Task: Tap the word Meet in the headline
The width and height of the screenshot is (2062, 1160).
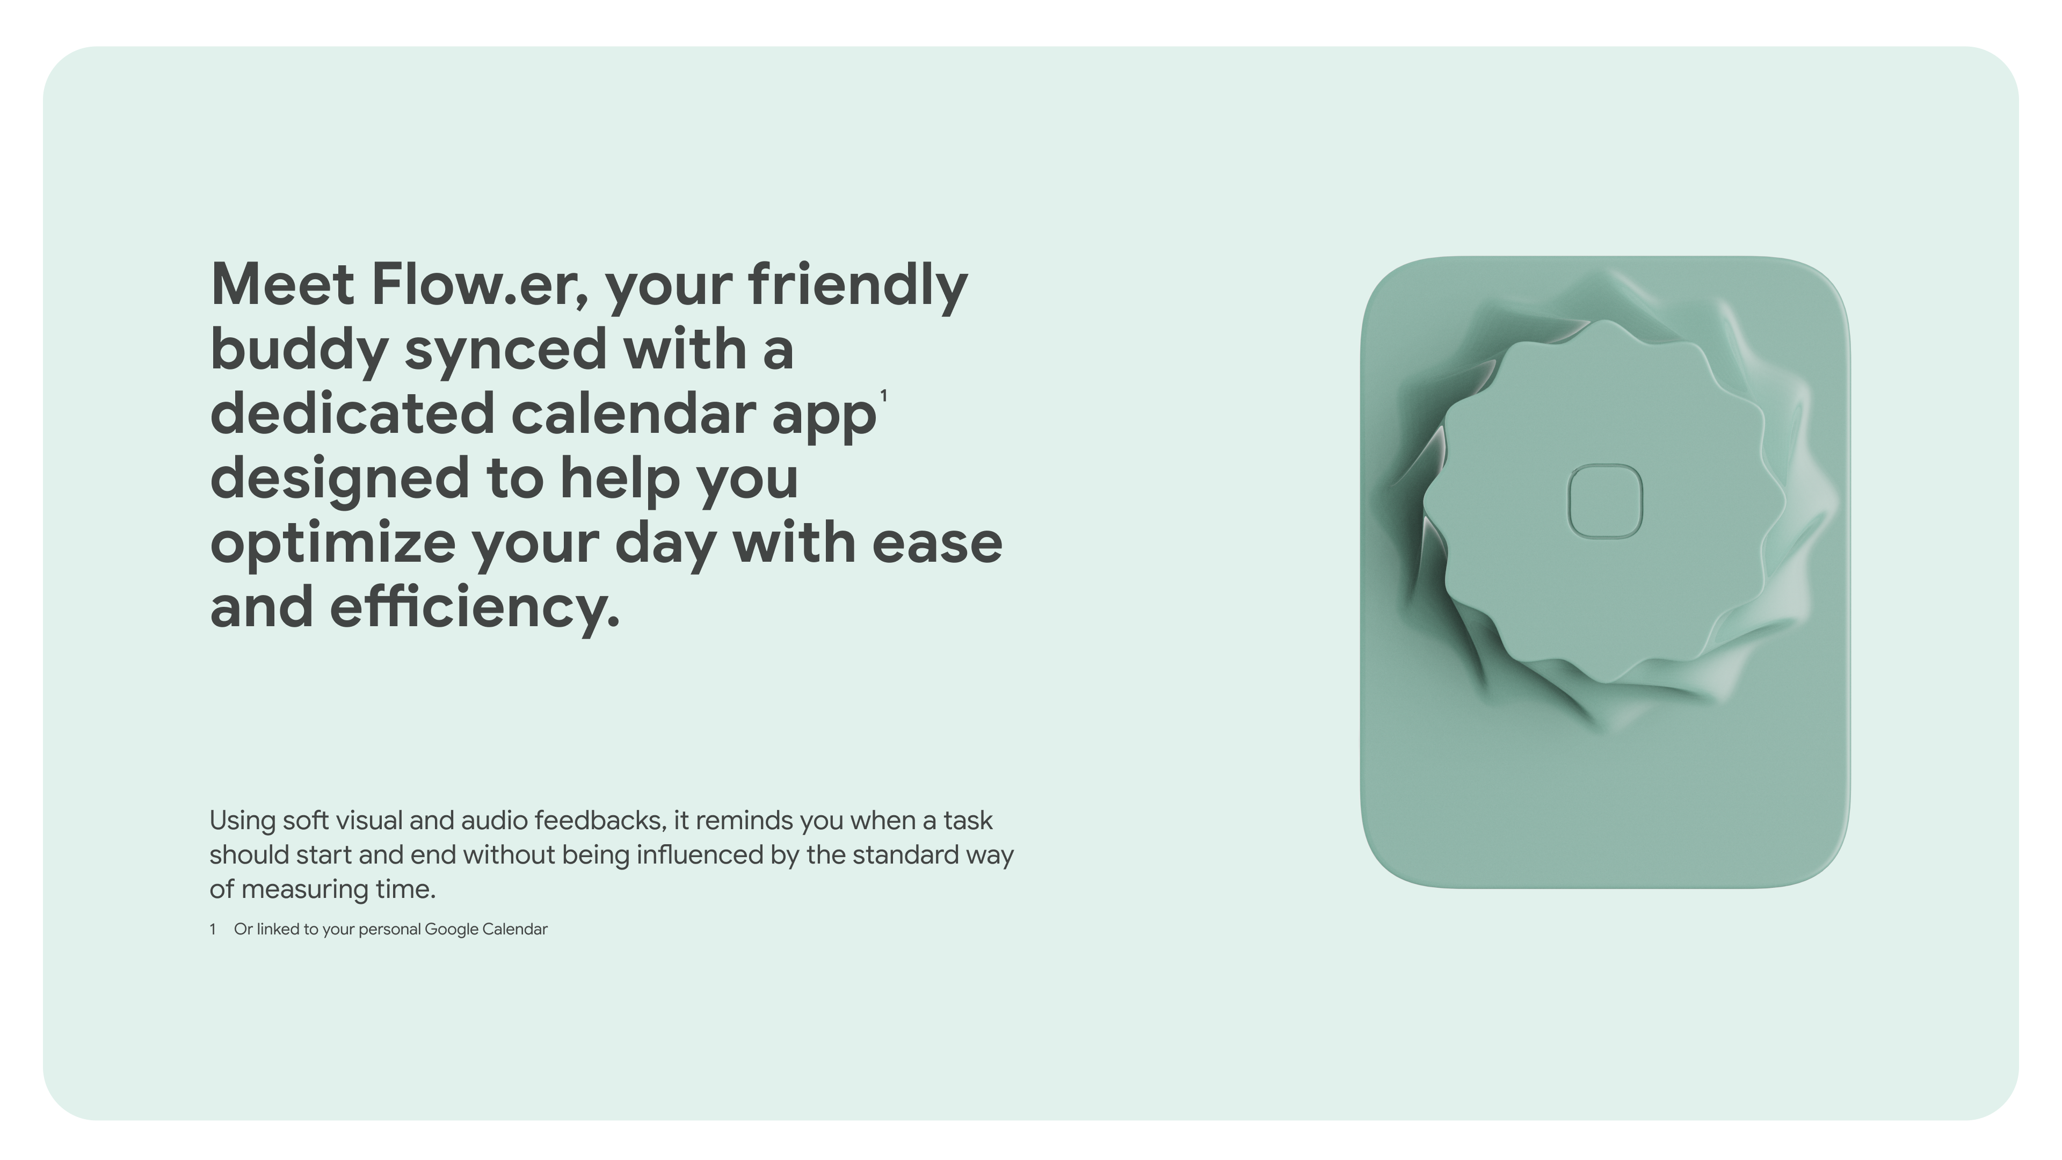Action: [282, 285]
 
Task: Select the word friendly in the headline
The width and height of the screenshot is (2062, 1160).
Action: [858, 285]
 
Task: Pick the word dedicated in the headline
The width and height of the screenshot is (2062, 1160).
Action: [352, 414]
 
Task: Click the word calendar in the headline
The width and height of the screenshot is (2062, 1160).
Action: [633, 414]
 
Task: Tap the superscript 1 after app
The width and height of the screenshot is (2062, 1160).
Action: [884, 395]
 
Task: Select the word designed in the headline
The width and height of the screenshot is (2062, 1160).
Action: [339, 479]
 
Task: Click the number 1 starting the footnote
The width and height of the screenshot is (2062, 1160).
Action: [213, 930]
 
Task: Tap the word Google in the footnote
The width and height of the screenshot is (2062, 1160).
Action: [451, 930]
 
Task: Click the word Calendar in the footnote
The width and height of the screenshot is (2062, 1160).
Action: [515, 930]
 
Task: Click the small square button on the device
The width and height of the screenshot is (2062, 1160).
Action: [1605, 501]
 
